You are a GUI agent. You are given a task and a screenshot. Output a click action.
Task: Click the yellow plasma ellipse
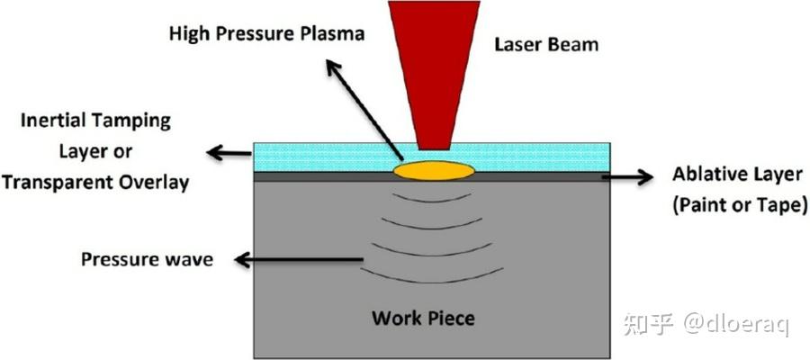click(x=434, y=171)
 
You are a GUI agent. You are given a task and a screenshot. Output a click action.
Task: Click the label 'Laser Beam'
click(x=546, y=44)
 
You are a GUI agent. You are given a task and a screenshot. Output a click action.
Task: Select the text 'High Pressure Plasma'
click(x=267, y=34)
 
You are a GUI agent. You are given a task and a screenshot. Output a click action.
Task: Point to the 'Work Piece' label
click(x=423, y=318)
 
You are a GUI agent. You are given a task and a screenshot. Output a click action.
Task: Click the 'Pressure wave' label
click(x=148, y=259)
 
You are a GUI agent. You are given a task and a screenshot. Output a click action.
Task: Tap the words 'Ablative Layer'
click(x=738, y=175)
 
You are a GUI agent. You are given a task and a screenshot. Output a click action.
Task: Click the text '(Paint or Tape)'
click(x=739, y=205)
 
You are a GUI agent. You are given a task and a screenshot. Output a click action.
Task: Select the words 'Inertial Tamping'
click(x=95, y=121)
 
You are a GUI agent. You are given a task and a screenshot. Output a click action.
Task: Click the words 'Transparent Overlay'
click(x=95, y=183)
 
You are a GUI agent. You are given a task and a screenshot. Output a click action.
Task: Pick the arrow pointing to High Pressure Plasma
click(x=364, y=110)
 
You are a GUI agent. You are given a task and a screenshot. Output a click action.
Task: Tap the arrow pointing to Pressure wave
click(x=299, y=259)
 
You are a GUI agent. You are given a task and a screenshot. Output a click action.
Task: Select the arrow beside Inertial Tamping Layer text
click(x=229, y=153)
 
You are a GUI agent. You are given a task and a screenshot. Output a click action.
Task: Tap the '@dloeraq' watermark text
click(x=735, y=324)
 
